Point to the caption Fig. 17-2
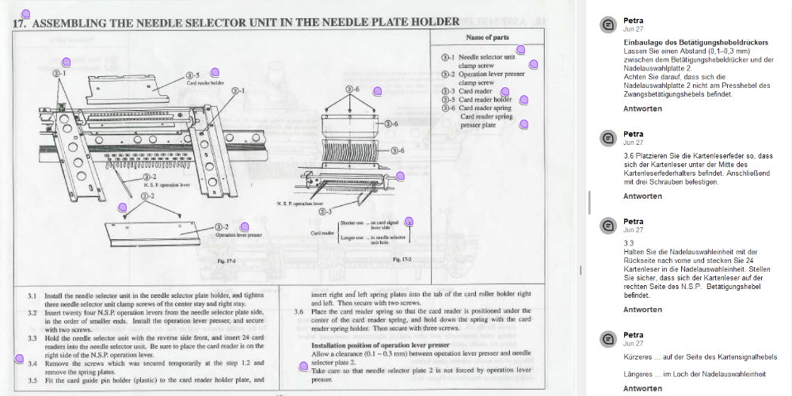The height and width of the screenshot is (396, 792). (x=401, y=259)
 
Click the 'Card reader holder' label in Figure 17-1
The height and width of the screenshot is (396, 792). (x=205, y=82)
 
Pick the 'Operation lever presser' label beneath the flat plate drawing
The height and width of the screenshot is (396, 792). (x=238, y=235)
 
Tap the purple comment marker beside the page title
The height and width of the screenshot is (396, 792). (x=25, y=14)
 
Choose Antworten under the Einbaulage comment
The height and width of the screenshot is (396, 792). (x=642, y=109)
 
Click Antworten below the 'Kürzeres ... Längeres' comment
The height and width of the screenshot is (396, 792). (x=642, y=389)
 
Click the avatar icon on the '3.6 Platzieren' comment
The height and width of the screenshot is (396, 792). (x=607, y=139)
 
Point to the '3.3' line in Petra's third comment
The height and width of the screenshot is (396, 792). (x=629, y=242)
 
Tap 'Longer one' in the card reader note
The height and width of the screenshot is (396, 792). (x=352, y=237)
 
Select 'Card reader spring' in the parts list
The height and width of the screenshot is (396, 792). (x=485, y=108)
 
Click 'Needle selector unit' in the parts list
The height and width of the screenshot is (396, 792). (x=486, y=58)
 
